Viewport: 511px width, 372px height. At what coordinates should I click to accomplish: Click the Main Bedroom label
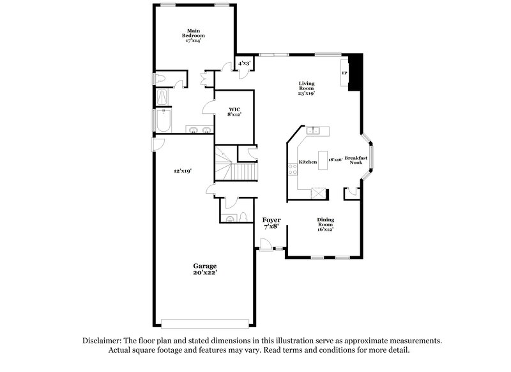point(194,35)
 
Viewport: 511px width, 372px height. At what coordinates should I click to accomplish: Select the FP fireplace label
point(344,74)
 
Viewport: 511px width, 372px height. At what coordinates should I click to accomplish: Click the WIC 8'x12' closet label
point(234,112)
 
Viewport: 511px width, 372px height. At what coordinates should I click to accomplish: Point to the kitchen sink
point(314,131)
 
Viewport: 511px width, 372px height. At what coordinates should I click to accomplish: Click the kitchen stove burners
point(292,167)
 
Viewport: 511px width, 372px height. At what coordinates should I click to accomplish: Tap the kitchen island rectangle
point(323,162)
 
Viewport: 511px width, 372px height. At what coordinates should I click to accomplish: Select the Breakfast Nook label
point(356,160)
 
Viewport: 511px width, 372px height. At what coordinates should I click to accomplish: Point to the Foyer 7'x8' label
point(272,223)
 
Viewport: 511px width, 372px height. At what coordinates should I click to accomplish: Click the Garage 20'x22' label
point(206,269)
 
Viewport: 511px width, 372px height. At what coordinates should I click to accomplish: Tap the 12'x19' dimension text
point(183,171)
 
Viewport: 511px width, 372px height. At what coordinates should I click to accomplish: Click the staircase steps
point(243,172)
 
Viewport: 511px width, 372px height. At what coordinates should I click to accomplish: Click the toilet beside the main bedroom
point(161,79)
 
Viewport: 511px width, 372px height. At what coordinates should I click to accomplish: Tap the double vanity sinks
point(201,130)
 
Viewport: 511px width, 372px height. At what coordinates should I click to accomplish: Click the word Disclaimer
point(103,341)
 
